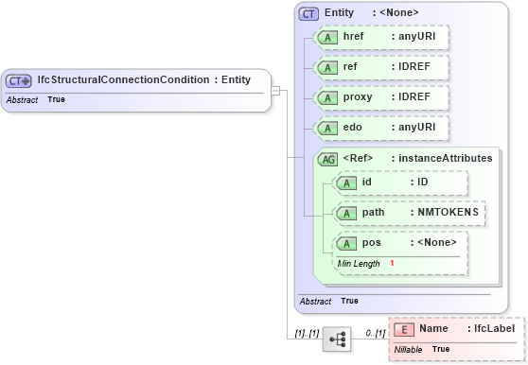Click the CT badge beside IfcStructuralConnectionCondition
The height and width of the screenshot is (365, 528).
(x=20, y=80)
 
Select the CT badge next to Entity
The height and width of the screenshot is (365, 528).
(x=308, y=13)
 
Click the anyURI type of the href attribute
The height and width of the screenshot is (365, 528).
(x=417, y=37)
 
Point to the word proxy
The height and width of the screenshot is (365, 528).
(x=358, y=98)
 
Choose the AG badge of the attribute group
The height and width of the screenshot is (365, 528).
(x=327, y=159)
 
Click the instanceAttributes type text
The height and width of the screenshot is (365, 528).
(x=446, y=159)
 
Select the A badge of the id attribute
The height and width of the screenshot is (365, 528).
(x=347, y=182)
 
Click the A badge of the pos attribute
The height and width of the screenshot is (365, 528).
(x=347, y=244)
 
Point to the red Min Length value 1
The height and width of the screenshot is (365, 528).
(x=392, y=263)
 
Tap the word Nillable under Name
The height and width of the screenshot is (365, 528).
(x=408, y=349)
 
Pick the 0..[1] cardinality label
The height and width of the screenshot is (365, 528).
(x=375, y=333)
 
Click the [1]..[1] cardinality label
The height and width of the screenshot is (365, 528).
(x=306, y=333)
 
